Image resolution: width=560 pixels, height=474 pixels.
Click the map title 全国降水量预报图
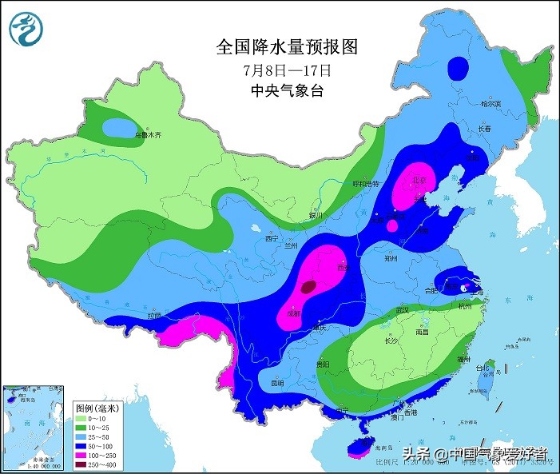click(x=287, y=47)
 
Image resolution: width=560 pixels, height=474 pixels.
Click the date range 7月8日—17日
click(x=287, y=70)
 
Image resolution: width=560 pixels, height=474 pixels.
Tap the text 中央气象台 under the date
click(x=287, y=90)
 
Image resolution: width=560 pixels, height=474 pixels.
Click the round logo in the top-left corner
click(x=26, y=30)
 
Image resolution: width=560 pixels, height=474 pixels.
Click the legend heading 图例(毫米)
click(x=96, y=408)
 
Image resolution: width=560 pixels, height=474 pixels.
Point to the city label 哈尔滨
click(x=490, y=105)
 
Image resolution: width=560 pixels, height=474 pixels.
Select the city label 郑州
click(x=391, y=259)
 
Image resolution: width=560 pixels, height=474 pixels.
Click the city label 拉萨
click(x=154, y=316)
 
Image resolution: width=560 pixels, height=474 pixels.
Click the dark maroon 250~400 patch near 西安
click(x=308, y=285)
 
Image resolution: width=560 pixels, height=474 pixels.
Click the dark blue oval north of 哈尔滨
click(x=459, y=66)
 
